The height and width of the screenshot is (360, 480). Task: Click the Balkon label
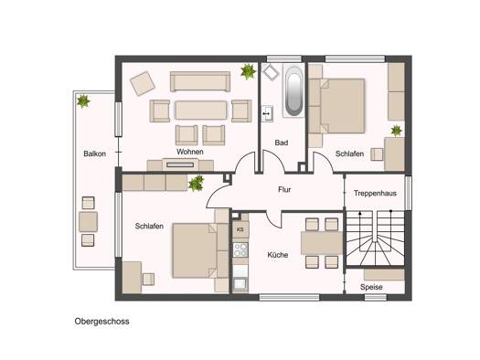point(94,154)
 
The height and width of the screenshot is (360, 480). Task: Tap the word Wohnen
point(190,152)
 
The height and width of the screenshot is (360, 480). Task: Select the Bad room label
point(282,143)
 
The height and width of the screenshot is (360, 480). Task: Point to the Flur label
point(284,190)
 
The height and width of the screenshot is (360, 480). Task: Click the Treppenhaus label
point(375,194)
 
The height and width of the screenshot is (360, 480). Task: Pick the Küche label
point(278,255)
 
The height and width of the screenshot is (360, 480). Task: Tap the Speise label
point(371,287)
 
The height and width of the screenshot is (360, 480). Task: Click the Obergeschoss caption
point(101,322)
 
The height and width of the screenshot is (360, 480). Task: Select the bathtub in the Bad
point(293,90)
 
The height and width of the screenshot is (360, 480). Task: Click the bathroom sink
point(267,113)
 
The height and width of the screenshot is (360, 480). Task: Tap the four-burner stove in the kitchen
point(240,249)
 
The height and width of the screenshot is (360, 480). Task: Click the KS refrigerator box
point(240,229)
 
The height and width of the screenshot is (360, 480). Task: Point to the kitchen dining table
point(322,243)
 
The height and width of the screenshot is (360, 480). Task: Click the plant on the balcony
point(83,101)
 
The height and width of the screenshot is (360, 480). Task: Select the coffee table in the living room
point(201,111)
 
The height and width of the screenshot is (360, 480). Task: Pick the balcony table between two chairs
point(88,222)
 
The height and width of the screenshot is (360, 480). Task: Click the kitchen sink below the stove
point(240,284)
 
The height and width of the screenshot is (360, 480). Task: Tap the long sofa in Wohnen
point(200,81)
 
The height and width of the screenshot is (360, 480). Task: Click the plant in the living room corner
point(248,71)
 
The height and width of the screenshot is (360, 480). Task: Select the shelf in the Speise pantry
point(384,274)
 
